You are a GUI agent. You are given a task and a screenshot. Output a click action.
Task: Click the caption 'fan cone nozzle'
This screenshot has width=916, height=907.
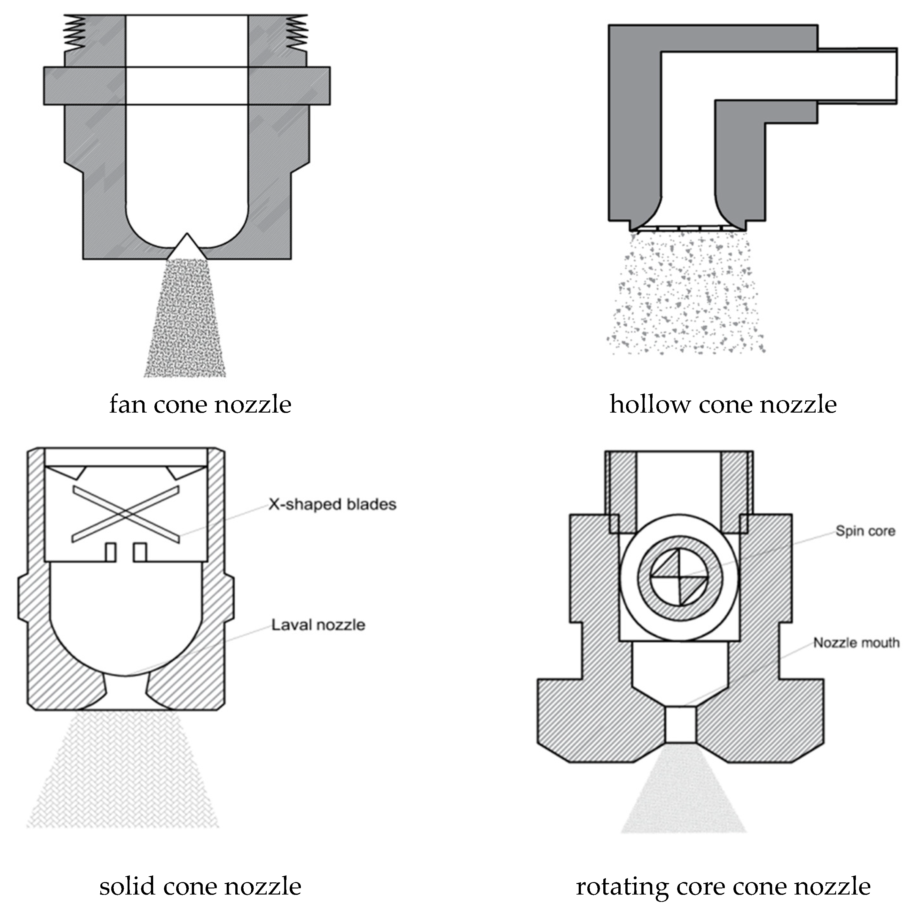200,405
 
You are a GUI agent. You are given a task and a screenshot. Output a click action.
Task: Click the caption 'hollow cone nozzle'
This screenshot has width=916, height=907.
723,405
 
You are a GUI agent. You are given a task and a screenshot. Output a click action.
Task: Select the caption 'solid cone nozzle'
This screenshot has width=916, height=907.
200,886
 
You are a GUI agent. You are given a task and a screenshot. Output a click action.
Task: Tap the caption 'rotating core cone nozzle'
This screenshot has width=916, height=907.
723,886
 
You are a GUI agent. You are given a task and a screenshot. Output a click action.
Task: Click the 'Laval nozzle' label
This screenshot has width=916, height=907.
318,625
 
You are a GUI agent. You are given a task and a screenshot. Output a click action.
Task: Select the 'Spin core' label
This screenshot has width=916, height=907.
865,531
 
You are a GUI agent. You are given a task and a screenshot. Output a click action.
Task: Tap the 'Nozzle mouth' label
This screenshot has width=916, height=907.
856,643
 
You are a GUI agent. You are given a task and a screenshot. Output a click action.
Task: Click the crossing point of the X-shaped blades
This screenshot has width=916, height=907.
126,514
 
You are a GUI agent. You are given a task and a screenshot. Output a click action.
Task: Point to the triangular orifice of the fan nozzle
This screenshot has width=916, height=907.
187,248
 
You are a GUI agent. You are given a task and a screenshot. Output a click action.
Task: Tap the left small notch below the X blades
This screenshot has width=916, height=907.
111,552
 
